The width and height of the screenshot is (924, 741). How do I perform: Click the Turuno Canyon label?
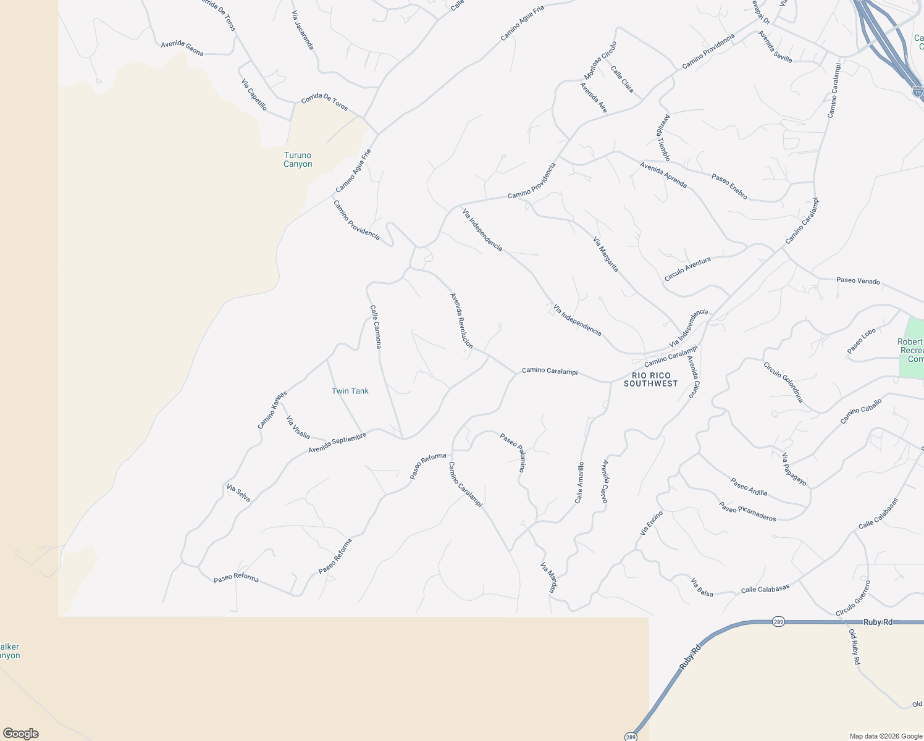(x=298, y=159)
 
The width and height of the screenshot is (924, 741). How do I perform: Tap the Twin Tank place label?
(x=350, y=391)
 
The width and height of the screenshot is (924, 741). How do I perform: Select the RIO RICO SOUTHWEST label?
(x=650, y=380)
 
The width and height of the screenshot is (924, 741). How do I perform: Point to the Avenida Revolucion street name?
(x=461, y=321)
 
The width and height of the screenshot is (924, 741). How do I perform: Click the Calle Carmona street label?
(x=376, y=327)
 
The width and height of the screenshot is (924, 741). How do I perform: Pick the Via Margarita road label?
(x=605, y=254)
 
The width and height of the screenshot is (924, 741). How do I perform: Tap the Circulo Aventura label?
(x=687, y=269)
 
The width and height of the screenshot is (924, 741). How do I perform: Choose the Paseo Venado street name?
(x=858, y=280)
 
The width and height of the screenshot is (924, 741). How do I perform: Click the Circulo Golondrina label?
(x=783, y=382)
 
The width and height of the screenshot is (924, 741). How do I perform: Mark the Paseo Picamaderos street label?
(x=747, y=511)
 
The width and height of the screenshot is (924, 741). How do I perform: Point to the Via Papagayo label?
(x=794, y=469)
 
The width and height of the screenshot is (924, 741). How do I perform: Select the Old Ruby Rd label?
(x=854, y=647)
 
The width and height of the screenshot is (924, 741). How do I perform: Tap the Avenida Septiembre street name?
(x=337, y=442)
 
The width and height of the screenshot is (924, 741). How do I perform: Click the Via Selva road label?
(x=238, y=493)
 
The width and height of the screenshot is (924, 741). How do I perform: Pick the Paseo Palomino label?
(x=513, y=453)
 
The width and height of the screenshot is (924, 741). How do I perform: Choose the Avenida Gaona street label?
(x=182, y=48)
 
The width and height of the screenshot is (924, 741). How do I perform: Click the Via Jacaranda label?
(x=303, y=30)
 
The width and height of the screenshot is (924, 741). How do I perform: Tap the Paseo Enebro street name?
(x=729, y=186)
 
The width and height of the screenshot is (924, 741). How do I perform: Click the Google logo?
(x=21, y=733)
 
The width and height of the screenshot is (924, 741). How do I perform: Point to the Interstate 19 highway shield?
(x=917, y=92)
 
